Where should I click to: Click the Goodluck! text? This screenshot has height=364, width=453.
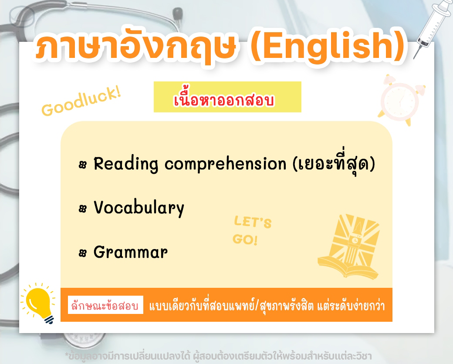81,101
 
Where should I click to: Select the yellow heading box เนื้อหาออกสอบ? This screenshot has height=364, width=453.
227,97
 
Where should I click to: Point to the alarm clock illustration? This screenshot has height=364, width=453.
401,100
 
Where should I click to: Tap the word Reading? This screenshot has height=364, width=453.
126,164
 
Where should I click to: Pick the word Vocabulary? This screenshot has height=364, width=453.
139,208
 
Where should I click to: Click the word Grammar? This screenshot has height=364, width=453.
130,252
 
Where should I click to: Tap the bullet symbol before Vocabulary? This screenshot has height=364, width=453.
83,209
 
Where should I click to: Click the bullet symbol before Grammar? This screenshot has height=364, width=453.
83,253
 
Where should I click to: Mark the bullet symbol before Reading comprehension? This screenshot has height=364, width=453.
83,165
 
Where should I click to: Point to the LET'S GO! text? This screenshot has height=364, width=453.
252,230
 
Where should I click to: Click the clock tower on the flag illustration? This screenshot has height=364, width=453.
353,243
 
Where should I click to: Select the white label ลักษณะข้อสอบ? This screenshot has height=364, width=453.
105,305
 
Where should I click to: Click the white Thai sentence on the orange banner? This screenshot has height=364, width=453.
267,305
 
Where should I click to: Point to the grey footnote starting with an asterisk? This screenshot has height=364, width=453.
218,356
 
